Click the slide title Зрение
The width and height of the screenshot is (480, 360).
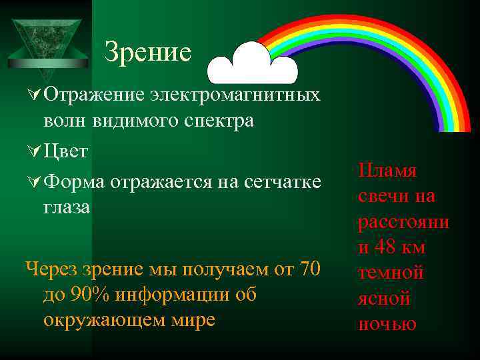147,52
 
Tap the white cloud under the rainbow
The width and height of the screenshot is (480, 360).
251,65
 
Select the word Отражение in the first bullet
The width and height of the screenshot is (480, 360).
93,95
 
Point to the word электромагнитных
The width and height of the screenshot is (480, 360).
235,95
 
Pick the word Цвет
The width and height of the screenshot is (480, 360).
65,151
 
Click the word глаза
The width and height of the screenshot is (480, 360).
67,207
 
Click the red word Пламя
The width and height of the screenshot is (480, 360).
387,171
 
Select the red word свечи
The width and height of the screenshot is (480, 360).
381,197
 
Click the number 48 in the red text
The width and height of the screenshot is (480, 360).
386,247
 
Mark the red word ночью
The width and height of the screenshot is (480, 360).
387,324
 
